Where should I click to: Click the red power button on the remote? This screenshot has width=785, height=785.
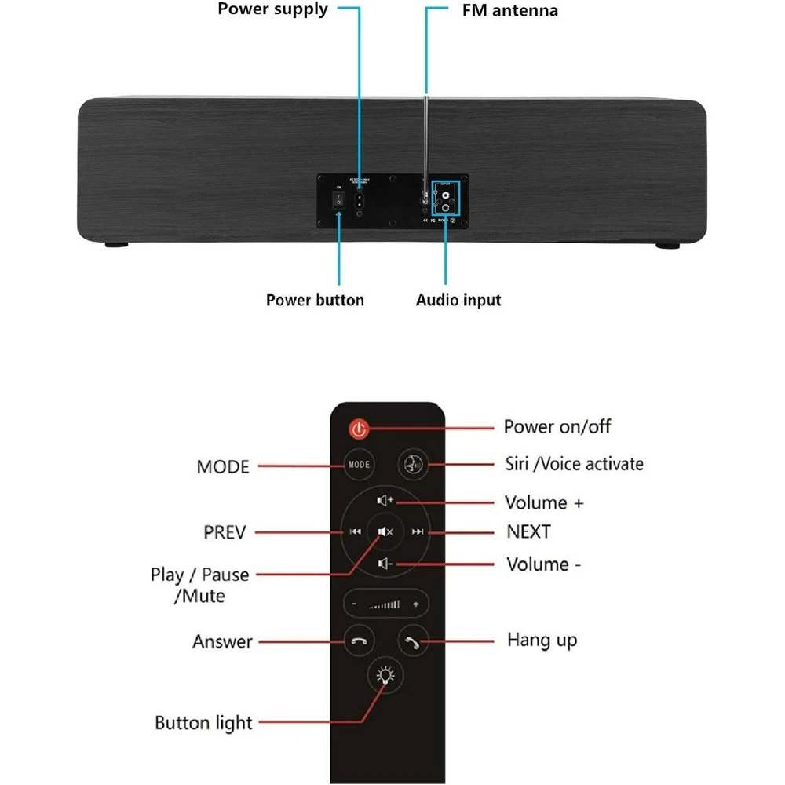[x=359, y=429]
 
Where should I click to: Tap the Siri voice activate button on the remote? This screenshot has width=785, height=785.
[x=413, y=465]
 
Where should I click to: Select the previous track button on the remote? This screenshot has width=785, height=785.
[x=356, y=531]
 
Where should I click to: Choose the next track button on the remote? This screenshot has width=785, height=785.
[x=418, y=531]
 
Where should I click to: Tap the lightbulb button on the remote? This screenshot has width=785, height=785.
[x=385, y=676]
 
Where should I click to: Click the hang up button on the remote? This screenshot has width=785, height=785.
[x=413, y=641]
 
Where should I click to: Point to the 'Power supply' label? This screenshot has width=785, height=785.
[x=272, y=10]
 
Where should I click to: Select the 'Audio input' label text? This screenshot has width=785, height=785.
[x=458, y=300]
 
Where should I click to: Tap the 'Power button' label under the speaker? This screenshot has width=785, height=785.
[x=315, y=300]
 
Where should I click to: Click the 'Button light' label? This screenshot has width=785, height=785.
[x=203, y=723]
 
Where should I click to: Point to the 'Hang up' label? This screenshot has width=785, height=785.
[x=542, y=640]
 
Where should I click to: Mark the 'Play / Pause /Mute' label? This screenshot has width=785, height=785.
[x=199, y=586]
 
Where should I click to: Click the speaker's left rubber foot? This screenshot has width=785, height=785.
[x=117, y=245]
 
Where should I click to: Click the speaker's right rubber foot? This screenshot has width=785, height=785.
[x=668, y=245]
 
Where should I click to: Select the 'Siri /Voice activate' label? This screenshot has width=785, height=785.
[x=574, y=464]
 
